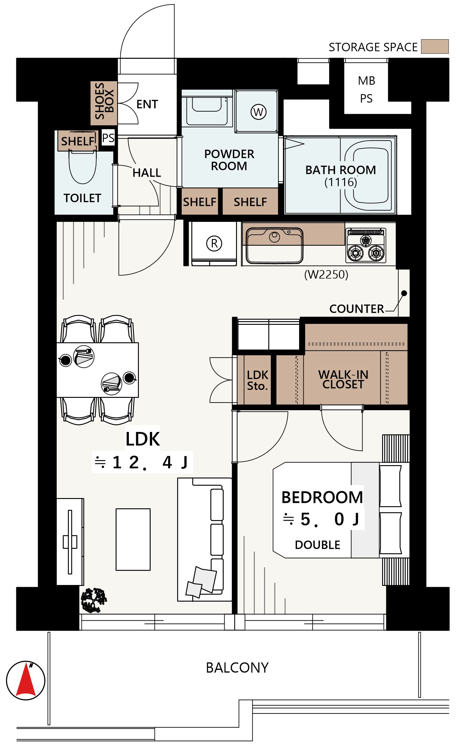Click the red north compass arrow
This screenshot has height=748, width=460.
[x=26, y=681]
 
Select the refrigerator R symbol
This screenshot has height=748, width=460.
[x=214, y=243]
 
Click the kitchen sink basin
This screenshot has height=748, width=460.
[x=274, y=245]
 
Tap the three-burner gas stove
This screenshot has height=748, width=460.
[x=366, y=245]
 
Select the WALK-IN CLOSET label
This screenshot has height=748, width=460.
[x=343, y=379]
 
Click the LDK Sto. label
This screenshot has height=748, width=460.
[x=257, y=380]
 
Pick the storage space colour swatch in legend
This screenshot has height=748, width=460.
[x=435, y=46]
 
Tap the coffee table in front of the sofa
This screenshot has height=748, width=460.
[x=133, y=539]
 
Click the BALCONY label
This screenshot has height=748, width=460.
[x=237, y=668]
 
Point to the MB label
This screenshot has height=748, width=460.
[x=367, y=81]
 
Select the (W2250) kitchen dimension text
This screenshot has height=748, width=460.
[x=326, y=274]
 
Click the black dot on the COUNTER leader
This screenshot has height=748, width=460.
[x=404, y=293]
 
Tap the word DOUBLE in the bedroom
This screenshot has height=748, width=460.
[x=318, y=545]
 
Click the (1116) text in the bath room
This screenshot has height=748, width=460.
[x=341, y=182]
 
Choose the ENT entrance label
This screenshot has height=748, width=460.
[x=147, y=104]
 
